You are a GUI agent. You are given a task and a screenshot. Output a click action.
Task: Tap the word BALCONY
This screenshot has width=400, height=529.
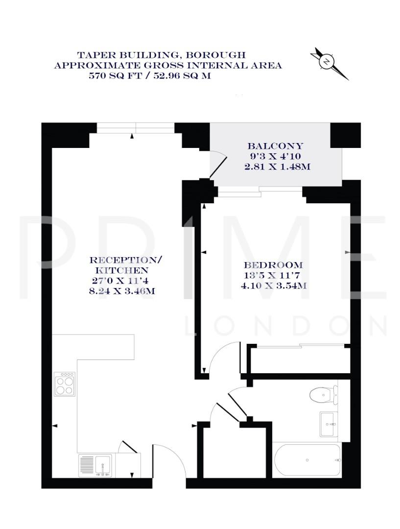pyautogui.click(x=275, y=146)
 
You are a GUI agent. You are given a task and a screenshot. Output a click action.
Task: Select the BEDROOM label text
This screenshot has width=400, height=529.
pyautogui.click(x=274, y=265)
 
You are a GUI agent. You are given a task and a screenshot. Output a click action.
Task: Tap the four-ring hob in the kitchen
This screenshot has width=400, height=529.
pyautogui.click(x=65, y=384)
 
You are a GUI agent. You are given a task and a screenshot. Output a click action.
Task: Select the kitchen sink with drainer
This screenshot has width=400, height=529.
pyautogui.click(x=95, y=464)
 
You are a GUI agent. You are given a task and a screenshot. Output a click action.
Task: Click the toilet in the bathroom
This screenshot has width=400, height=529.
pyautogui.click(x=323, y=394)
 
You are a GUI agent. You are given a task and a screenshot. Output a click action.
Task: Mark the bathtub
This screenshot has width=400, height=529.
pyautogui.click(x=307, y=460)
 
